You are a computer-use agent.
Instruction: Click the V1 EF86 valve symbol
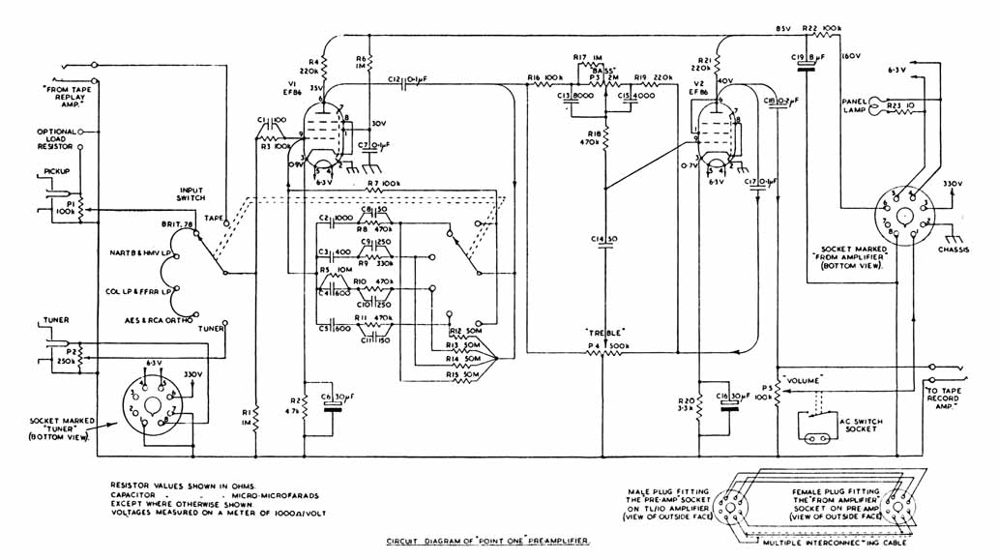click(x=325, y=136)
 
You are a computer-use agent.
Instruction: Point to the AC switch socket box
click(x=821, y=427)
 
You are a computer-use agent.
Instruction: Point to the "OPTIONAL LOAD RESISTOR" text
click(x=57, y=139)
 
